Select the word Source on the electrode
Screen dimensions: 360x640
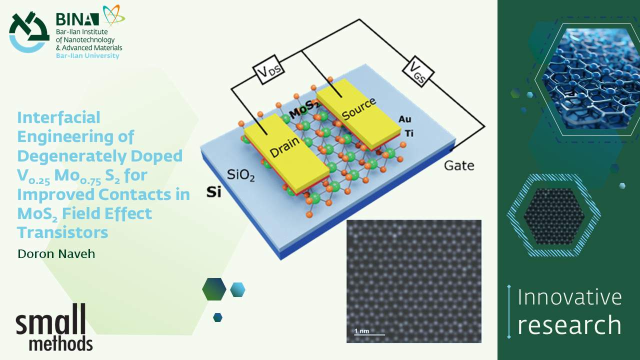click(358, 109)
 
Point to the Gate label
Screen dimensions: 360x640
click(459, 165)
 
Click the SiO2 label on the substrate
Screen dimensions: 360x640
click(241, 175)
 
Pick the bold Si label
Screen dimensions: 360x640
click(213, 192)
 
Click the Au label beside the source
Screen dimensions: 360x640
click(405, 119)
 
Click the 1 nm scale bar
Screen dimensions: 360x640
click(369, 332)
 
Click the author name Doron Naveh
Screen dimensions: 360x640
click(56, 254)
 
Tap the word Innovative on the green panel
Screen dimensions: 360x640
click(569, 297)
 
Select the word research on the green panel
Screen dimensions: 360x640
click(569, 325)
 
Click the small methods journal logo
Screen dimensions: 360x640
click(54, 327)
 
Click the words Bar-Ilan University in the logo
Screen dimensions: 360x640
click(87, 56)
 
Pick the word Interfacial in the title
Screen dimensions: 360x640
click(58, 117)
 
